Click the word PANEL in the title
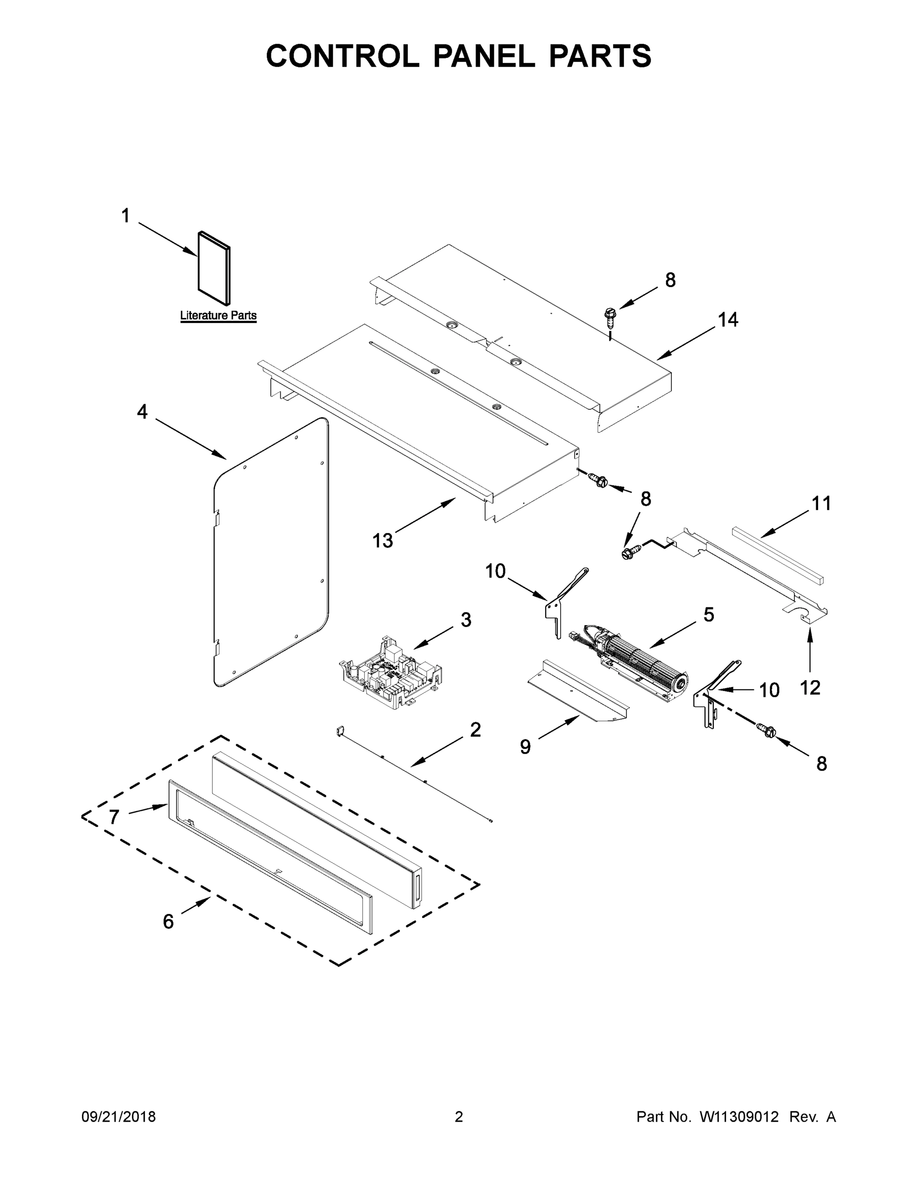click(x=483, y=56)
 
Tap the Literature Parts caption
click(x=218, y=315)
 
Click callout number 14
click(x=728, y=320)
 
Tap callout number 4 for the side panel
click(x=142, y=412)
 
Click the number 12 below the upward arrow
click(x=810, y=688)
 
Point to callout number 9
click(x=525, y=747)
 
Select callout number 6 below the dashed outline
click(x=169, y=921)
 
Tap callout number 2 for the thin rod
click(x=476, y=730)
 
